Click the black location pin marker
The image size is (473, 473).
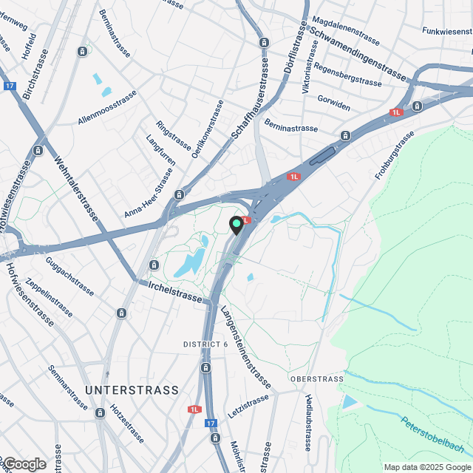tap(236, 225)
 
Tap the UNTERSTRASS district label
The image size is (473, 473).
tap(132, 389)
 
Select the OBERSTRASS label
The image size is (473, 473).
tap(317, 379)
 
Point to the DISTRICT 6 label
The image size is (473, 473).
tap(205, 344)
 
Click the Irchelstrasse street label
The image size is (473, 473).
tap(174, 291)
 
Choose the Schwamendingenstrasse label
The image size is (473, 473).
tap(358, 53)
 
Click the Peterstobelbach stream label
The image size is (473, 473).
tap(432, 436)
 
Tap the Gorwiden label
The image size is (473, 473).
tap(333, 102)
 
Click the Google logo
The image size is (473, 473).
tap(24, 464)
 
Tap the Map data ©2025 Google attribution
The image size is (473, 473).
tap(427, 467)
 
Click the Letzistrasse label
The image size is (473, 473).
tap(249, 406)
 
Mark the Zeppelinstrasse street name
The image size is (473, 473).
tap(50, 302)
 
